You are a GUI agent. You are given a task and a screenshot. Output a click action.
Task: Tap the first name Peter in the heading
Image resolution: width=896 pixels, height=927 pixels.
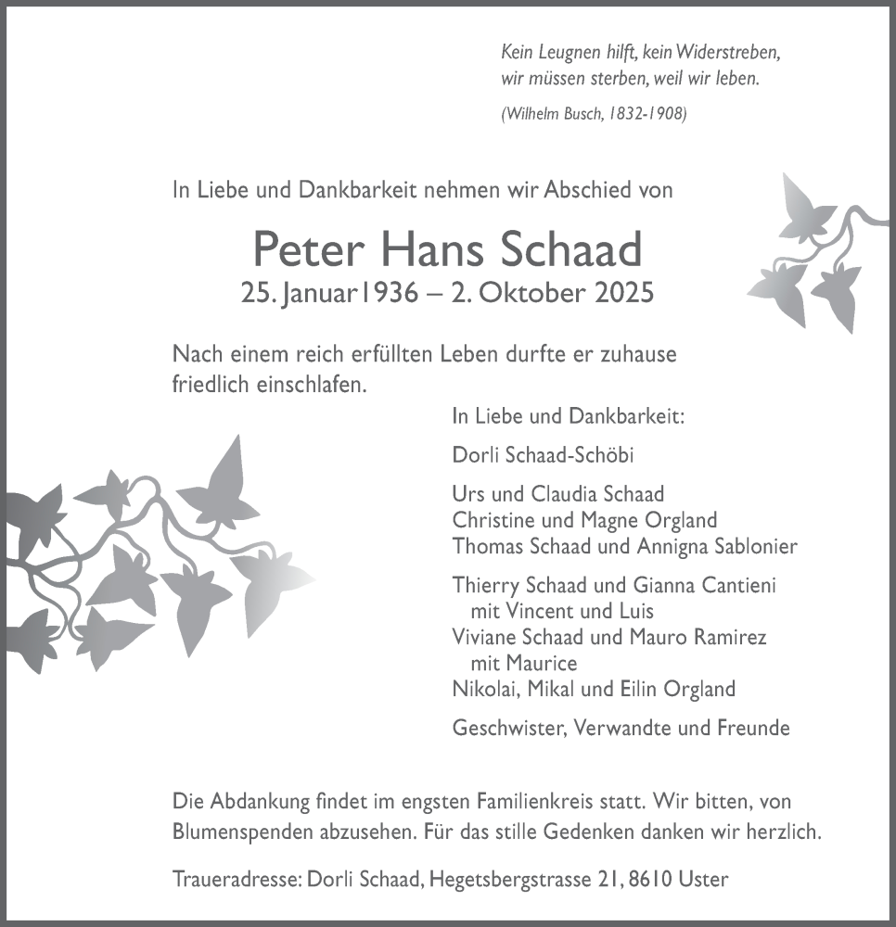(x=306, y=250)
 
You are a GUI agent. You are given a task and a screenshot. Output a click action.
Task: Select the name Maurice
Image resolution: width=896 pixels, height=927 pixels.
(x=542, y=663)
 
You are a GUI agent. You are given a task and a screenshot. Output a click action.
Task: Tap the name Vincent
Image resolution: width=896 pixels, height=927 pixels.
(x=542, y=612)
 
